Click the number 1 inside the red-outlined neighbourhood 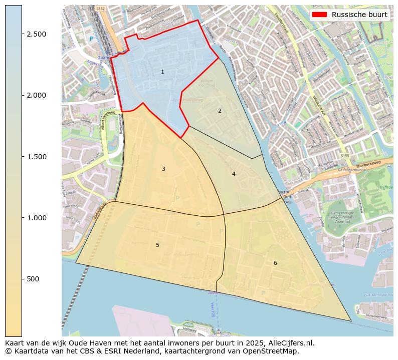tap(162, 72)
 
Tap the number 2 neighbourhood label tap(220, 111)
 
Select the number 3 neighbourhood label tap(163, 169)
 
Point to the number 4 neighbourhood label tap(234, 174)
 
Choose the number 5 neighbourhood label tap(157, 245)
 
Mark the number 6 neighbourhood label tap(275, 263)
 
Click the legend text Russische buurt tap(359, 15)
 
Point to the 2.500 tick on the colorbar tap(37, 34)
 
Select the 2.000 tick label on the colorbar tap(37, 95)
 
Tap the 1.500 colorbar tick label tap(37, 157)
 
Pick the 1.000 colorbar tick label tap(37, 218)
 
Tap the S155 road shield tap(344, 156)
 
